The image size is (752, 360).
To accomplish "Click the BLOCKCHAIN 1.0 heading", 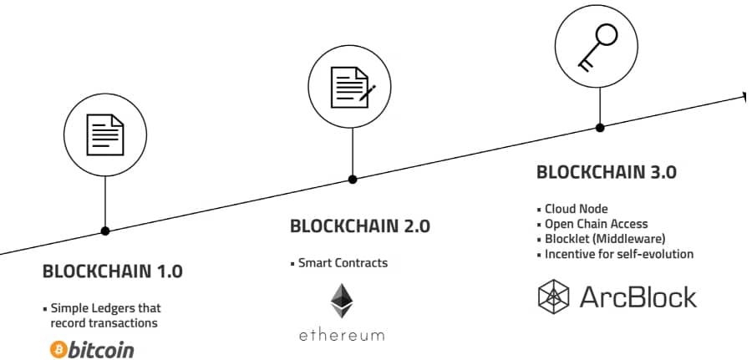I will pos(112,271).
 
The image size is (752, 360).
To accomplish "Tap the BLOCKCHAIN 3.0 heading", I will pos(606,173).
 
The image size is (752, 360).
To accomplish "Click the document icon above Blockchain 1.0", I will pos(105,133).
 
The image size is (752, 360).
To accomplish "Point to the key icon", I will pos(599,43).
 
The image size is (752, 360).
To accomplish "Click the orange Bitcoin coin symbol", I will pos(58,349).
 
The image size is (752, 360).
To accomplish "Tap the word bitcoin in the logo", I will pos(103,349).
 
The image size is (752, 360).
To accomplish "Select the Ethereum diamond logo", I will pos(341,300).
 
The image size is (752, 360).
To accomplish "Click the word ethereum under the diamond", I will pos(342,335).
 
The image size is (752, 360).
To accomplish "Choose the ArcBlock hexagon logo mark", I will pos(553,297).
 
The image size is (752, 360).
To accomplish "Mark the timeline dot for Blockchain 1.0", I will pos(105,231).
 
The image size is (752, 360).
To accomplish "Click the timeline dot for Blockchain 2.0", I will pos(353,179).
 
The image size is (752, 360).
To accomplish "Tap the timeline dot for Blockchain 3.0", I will pos(599,127).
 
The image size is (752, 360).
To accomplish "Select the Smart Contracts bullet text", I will pos(343,262).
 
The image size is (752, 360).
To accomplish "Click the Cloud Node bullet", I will pos(576,209).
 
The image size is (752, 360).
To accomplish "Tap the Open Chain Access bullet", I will pos(596,224).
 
